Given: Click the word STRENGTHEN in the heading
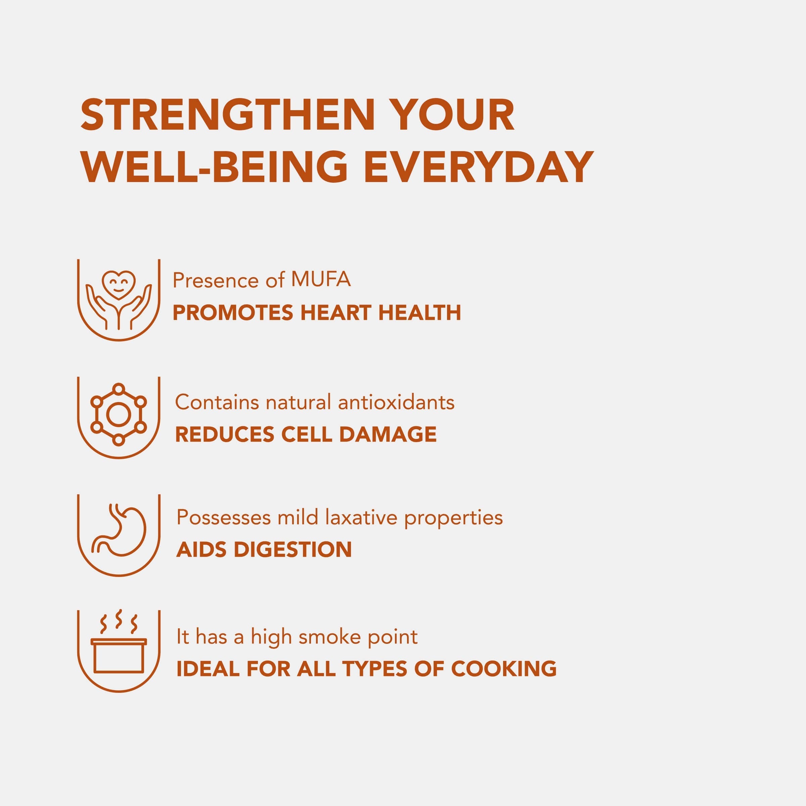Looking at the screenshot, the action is [228, 115].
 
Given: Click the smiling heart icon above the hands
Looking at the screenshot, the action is [119, 284].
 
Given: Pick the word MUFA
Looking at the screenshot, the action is [321, 279].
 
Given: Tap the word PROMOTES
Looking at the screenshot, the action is [233, 313].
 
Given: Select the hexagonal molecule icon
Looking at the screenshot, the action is [119, 414].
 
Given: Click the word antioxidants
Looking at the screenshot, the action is [396, 402].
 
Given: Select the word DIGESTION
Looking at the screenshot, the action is [293, 549].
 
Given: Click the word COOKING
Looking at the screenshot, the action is [503, 669].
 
